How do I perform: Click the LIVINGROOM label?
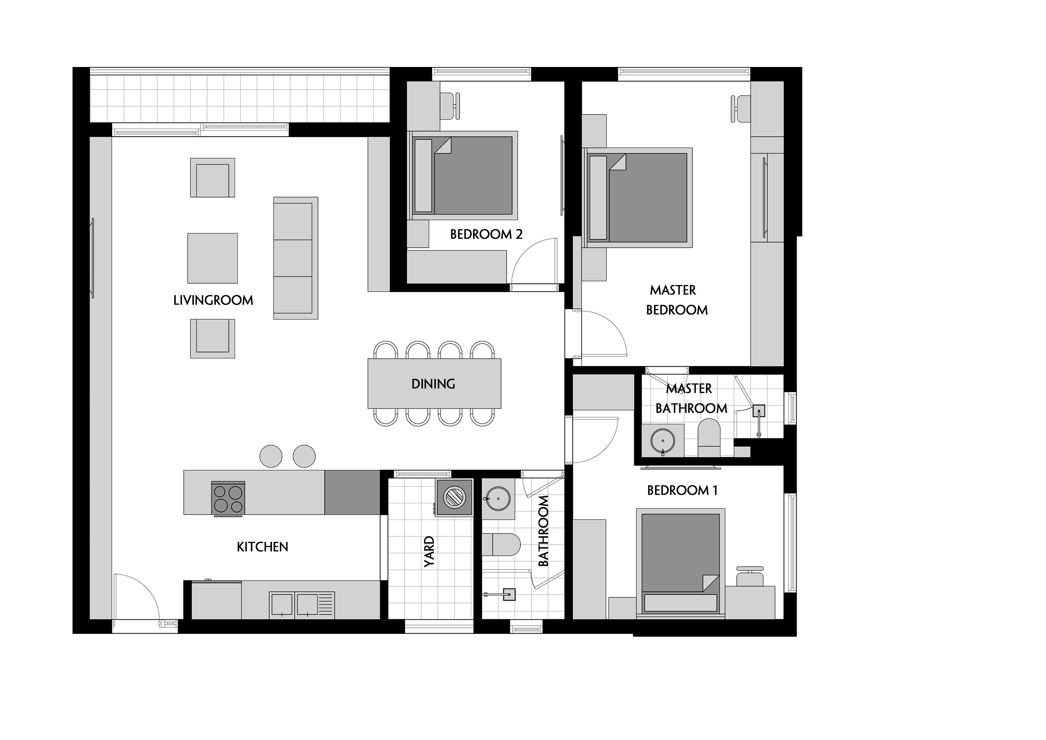pyautogui.click(x=213, y=300)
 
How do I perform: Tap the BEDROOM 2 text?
pyautogui.click(x=486, y=234)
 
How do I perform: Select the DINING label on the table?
pyautogui.click(x=433, y=384)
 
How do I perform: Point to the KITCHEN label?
pyautogui.click(x=263, y=547)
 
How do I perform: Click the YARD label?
pyautogui.click(x=429, y=552)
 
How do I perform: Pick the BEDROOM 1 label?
pyautogui.click(x=682, y=490)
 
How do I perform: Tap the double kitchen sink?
pyautogui.click(x=302, y=605)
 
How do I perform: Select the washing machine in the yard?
pyautogui.click(x=454, y=497)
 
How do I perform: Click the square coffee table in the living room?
pyautogui.click(x=212, y=258)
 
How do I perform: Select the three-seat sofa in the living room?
pyautogui.click(x=296, y=258)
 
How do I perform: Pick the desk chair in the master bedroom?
pyautogui.click(x=741, y=109)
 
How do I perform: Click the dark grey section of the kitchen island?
pyautogui.click(x=352, y=492)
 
